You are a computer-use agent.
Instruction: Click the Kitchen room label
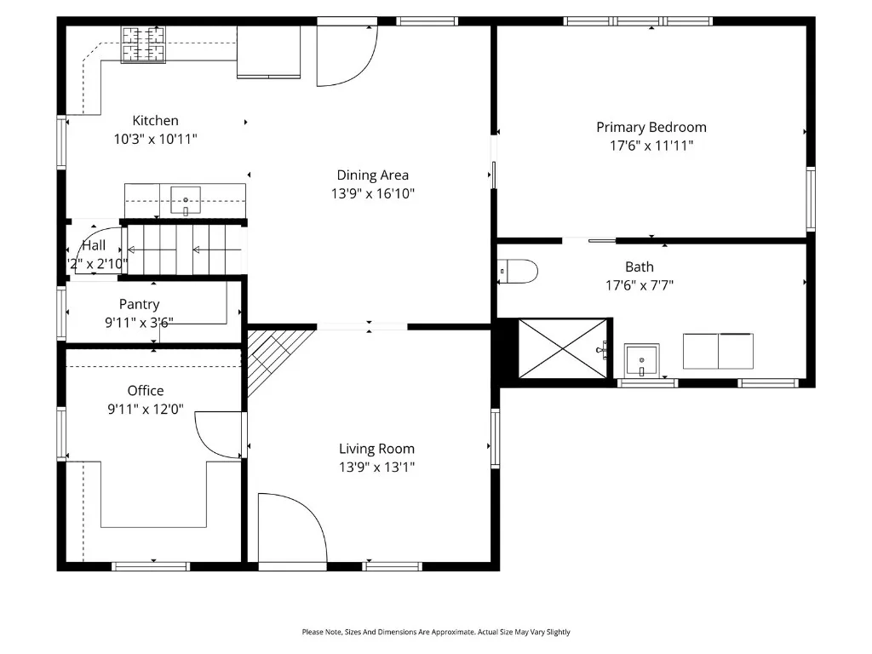pos(155,121)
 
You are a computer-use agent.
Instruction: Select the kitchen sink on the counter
pos(185,202)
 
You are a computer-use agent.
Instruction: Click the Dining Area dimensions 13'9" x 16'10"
pos(372,194)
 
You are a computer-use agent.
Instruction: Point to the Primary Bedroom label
pos(651,128)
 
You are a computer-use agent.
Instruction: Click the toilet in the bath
pos(519,271)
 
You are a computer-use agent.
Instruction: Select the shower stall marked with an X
pos(563,348)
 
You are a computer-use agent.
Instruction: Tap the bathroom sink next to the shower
pos(641,360)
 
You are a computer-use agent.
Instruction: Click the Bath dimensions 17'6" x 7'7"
pos(639,286)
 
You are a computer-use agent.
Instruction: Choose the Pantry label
pos(139,304)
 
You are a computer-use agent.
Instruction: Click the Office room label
pos(146,391)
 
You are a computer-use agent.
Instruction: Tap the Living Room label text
pos(376,449)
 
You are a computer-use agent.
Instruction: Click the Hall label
pos(94,245)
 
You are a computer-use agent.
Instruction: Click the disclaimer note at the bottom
pos(436,632)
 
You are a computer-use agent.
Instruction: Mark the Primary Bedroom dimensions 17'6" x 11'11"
pos(651,146)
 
